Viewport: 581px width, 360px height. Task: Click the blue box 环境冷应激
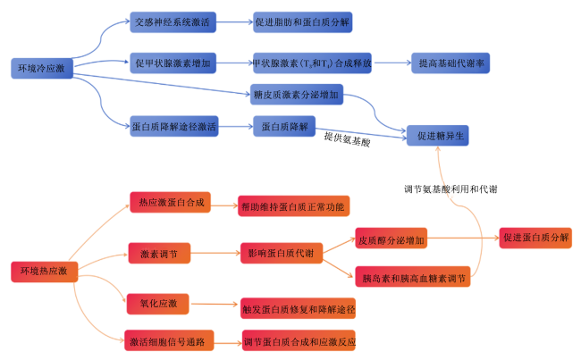pyautogui.click(x=42, y=68)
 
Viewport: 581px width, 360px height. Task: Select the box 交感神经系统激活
pyautogui.click(x=173, y=22)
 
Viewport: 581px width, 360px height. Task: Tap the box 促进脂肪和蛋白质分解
pyautogui.click(x=302, y=22)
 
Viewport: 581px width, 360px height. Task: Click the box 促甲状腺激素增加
pyautogui.click(x=173, y=63)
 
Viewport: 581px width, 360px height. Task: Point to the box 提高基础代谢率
pyautogui.click(x=450, y=63)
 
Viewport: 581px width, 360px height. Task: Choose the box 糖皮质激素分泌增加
pyautogui.click(x=297, y=95)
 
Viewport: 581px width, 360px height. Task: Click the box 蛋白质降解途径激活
pyautogui.click(x=173, y=126)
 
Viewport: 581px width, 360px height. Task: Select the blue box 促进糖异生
pyautogui.click(x=438, y=136)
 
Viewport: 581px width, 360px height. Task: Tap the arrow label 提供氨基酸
pyautogui.click(x=347, y=139)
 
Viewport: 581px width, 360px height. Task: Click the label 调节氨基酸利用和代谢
pyautogui.click(x=450, y=189)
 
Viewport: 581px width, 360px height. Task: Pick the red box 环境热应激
pyautogui.click(x=44, y=272)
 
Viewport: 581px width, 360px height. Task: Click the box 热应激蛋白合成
pyautogui.click(x=170, y=202)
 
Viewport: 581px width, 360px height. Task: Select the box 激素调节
pyautogui.click(x=159, y=254)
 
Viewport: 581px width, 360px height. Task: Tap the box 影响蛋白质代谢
pyautogui.click(x=282, y=254)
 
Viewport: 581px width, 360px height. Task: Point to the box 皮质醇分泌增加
pyautogui.click(x=392, y=239)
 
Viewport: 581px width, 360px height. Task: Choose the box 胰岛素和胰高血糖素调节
pyautogui.click(x=413, y=277)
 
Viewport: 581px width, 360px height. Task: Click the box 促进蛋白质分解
pyautogui.click(x=535, y=238)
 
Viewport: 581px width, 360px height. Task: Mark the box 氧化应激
pyautogui.click(x=158, y=304)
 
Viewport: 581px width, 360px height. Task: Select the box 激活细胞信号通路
pyautogui.click(x=169, y=340)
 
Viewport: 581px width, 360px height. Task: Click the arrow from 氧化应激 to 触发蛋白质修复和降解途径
pyautogui.click(x=215, y=304)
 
